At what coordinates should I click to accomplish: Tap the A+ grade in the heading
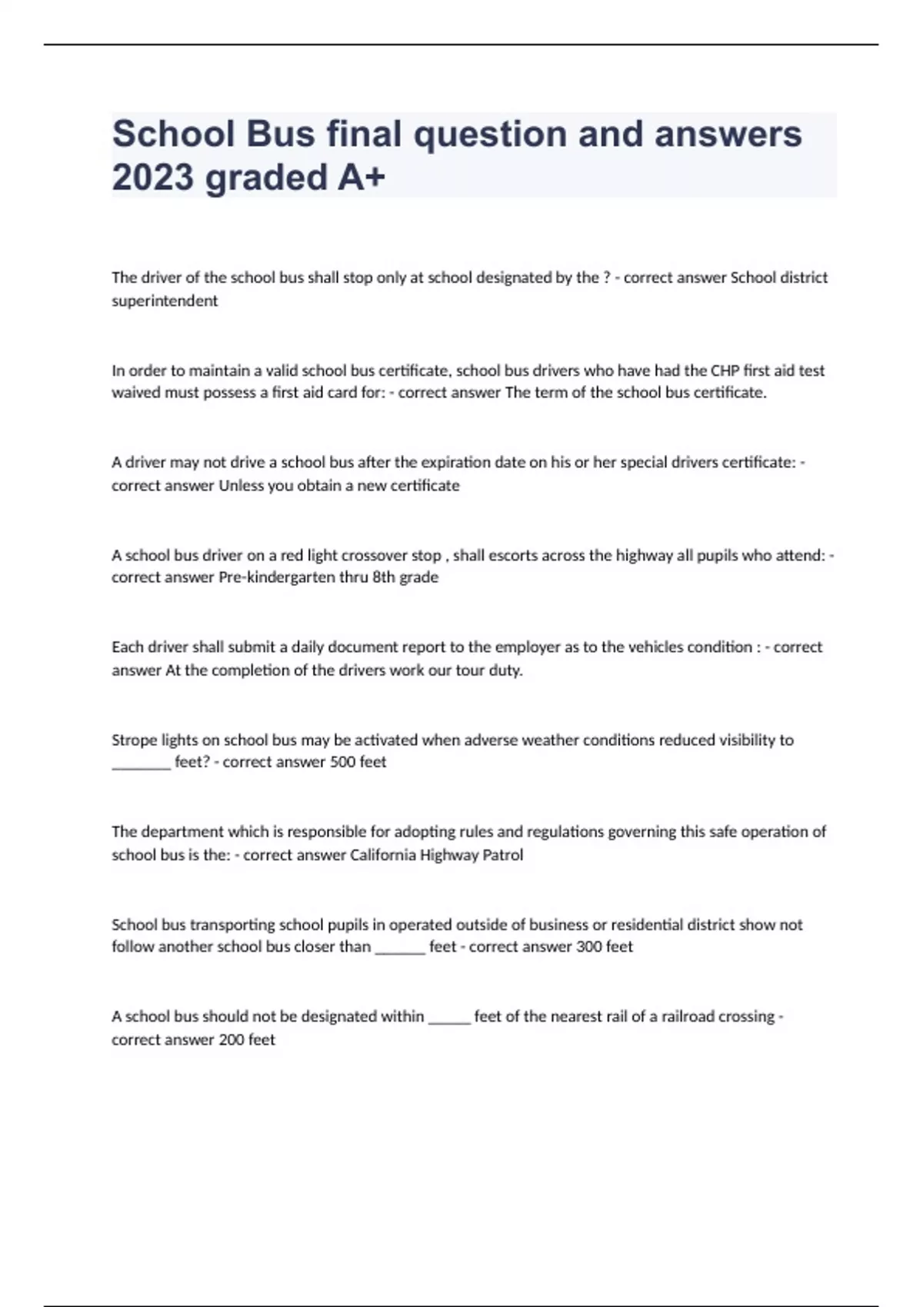pos(360,178)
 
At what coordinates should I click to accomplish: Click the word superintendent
pos(165,301)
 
